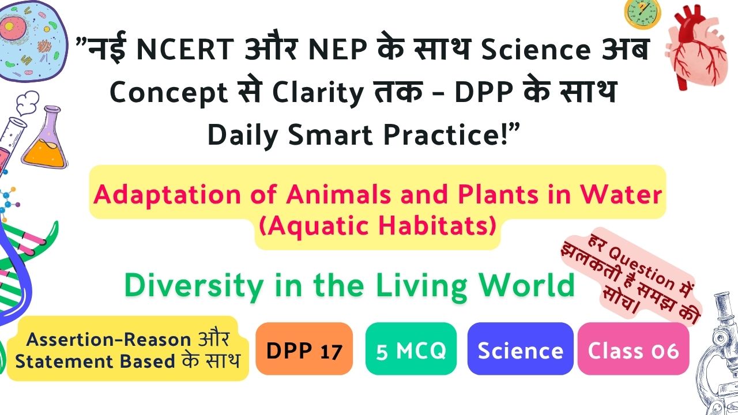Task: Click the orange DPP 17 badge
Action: point(304,349)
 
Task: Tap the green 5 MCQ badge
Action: point(411,349)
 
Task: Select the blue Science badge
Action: point(520,349)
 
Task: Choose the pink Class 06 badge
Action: point(633,349)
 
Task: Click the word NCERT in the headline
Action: point(185,49)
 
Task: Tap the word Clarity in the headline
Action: point(318,93)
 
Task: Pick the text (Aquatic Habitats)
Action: point(378,227)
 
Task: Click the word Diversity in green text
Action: point(194,286)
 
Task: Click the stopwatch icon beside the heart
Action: point(642,14)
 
